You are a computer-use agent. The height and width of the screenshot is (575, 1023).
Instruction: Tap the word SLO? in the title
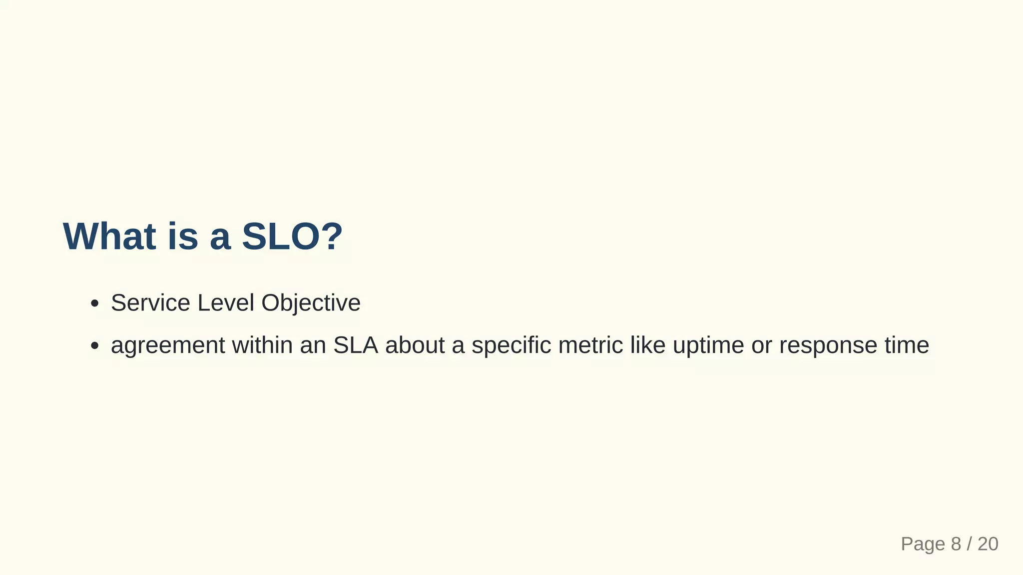pyautogui.click(x=292, y=236)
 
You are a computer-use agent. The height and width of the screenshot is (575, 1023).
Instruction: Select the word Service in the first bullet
pyautogui.click(x=150, y=303)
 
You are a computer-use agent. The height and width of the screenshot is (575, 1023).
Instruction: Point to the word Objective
pyautogui.click(x=311, y=303)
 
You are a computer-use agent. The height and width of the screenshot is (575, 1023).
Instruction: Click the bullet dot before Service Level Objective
pyautogui.click(x=94, y=303)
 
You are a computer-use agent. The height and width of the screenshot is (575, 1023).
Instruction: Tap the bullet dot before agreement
pyautogui.click(x=94, y=346)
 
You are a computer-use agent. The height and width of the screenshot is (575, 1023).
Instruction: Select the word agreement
pyautogui.click(x=168, y=345)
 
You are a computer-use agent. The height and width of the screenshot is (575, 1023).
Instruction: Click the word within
pyautogui.click(x=262, y=345)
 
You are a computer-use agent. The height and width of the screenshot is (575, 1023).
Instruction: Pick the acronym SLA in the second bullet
pyautogui.click(x=355, y=345)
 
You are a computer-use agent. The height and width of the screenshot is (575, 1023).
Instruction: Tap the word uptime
pyautogui.click(x=708, y=345)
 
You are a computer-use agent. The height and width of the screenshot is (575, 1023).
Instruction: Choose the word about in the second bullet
pyautogui.click(x=415, y=345)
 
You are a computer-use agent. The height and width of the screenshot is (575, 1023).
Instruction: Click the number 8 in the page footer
pyautogui.click(x=956, y=544)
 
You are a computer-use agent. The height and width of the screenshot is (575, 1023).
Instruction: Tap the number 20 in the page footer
pyautogui.click(x=988, y=544)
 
